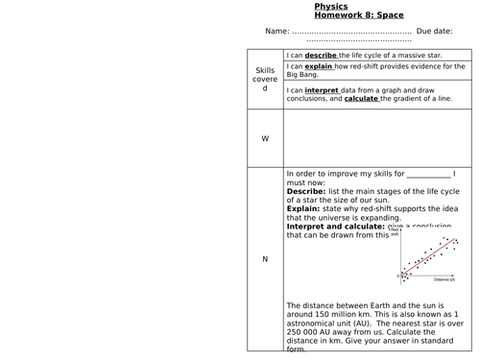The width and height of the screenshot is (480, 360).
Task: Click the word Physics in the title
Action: coord(332,6)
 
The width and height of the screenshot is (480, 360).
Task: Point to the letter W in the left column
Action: coord(265,138)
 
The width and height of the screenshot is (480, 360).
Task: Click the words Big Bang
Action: coord(303,77)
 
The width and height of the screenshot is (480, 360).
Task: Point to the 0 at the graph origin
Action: coord(398,276)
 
